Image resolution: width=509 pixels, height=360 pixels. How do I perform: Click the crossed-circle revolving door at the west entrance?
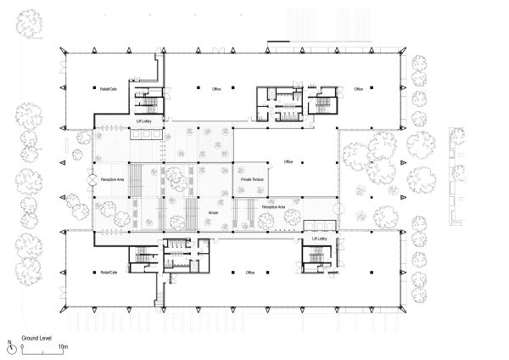90,180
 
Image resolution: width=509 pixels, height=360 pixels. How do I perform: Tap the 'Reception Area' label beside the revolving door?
113,180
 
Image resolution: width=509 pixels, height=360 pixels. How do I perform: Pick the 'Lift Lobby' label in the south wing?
319,240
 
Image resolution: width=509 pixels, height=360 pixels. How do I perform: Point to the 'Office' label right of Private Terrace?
288,161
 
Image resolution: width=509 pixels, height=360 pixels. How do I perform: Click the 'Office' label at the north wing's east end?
358,88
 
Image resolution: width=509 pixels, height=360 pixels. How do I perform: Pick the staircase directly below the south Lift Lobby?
320,256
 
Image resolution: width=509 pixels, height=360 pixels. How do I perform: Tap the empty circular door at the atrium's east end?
338,206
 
